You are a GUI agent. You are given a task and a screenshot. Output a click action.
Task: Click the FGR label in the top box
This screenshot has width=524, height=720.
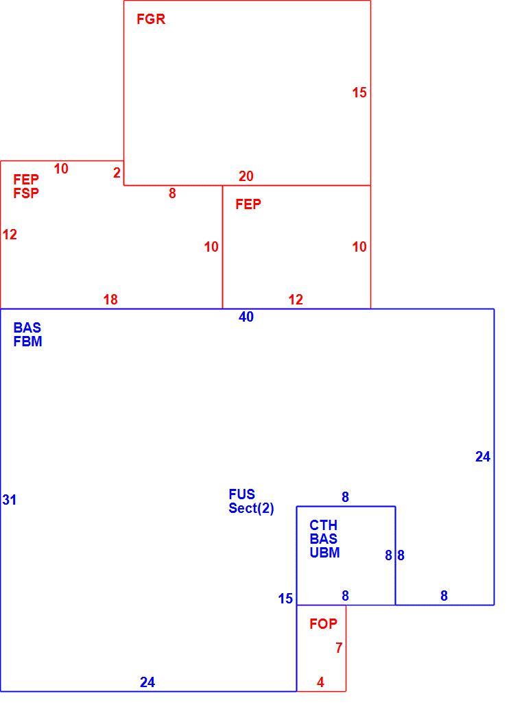[151, 19]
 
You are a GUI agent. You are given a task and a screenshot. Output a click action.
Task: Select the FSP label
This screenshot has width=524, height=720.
[26, 193]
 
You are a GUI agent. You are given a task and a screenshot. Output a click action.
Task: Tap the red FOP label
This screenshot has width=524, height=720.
[323, 623]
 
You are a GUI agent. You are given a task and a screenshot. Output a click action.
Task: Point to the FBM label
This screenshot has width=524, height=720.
[27, 341]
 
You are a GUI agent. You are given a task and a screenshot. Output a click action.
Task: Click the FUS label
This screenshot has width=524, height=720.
[242, 494]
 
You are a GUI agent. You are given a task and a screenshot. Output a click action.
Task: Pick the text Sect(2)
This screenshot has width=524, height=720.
[251, 508]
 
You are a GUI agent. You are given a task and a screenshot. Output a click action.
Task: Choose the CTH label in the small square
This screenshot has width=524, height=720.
[323, 525]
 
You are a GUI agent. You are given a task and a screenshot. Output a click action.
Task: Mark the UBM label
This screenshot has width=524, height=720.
[324, 553]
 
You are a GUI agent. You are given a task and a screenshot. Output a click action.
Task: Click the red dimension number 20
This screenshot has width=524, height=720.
[246, 176]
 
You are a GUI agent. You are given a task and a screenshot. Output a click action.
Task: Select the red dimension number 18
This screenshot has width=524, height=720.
[110, 300]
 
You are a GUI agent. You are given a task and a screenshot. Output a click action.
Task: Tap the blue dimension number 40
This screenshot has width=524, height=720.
[246, 317]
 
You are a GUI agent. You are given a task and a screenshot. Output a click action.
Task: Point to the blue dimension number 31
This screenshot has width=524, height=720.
[9, 500]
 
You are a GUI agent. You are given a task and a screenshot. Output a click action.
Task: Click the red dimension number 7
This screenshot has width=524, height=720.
[339, 648]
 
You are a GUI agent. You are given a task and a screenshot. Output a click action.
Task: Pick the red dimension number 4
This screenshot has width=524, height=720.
[320, 683]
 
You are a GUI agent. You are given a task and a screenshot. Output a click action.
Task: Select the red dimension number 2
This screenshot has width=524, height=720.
[117, 173]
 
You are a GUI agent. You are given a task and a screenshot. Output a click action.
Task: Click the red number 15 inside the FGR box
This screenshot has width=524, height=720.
[359, 93]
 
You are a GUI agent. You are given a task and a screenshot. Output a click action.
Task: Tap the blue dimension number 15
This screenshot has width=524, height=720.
[285, 599]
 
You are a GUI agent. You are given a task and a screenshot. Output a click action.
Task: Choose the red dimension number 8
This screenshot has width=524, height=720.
[172, 193]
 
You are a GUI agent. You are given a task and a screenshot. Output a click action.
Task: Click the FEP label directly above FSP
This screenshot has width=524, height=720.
[26, 179]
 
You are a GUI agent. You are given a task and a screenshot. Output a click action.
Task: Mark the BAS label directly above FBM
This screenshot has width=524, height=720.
[27, 328]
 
